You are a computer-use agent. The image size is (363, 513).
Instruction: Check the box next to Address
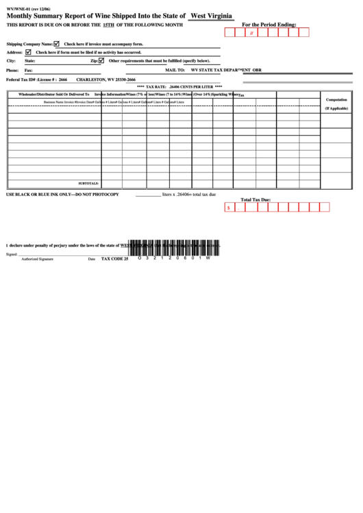28,51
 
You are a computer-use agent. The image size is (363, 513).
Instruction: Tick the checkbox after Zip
101,60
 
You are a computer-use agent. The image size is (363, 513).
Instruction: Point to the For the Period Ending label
269,24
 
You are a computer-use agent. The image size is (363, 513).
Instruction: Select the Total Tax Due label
255,200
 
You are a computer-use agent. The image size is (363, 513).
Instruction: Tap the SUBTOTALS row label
89,184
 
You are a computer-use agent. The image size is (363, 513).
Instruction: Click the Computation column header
336,100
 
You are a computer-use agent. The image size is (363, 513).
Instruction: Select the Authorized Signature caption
37,259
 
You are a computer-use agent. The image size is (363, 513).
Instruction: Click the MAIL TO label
176,70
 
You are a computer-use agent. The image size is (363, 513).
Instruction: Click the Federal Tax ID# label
21,79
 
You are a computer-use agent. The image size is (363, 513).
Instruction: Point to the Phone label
12,70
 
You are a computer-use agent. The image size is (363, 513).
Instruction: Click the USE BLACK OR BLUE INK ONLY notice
62,195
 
